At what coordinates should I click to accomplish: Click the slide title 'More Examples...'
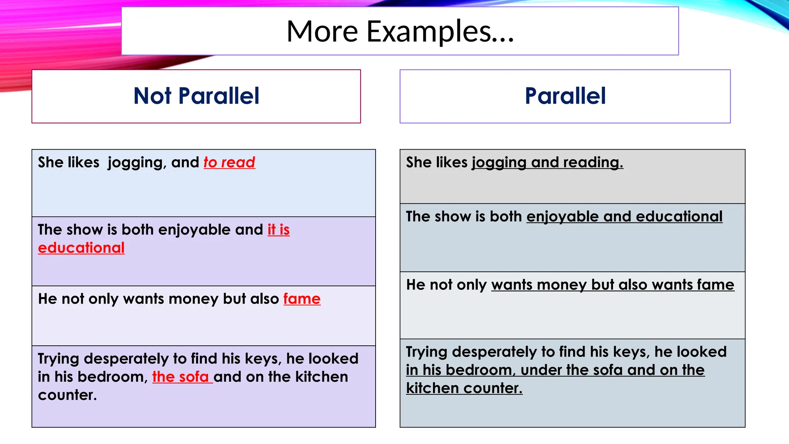400,31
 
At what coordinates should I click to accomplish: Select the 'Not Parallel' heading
196,96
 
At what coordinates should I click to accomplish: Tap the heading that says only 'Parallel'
565,96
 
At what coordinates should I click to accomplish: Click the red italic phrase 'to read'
229,162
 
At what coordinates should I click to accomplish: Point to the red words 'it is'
279,230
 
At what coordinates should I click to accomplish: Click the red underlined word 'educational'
81,248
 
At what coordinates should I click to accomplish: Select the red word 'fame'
302,299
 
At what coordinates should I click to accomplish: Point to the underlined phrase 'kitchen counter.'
464,388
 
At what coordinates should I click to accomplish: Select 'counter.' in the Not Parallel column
67,395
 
